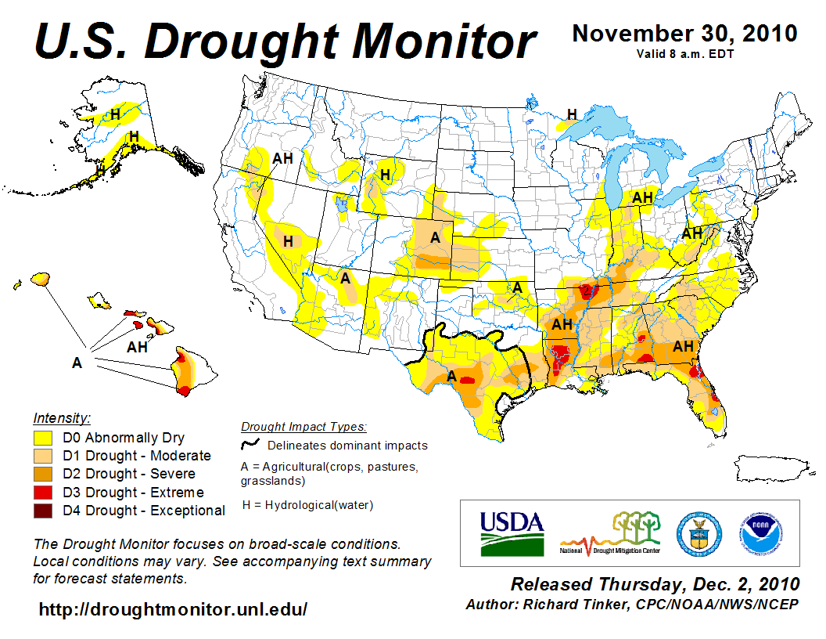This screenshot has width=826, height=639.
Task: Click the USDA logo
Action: [x=512, y=532]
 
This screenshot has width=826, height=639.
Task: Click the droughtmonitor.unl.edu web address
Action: [x=173, y=608]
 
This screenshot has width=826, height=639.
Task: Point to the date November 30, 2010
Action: [x=684, y=34]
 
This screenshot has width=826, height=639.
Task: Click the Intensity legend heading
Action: [x=62, y=417]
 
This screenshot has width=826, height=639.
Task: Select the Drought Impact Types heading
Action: [x=303, y=427]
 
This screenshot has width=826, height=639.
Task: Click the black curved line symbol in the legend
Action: [x=250, y=445]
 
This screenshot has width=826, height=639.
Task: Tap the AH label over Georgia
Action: [x=684, y=346]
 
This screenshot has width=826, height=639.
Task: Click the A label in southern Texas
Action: [x=451, y=377]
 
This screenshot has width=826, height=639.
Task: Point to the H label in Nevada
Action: [x=288, y=241]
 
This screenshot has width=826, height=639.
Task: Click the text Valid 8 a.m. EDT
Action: [x=684, y=53]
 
